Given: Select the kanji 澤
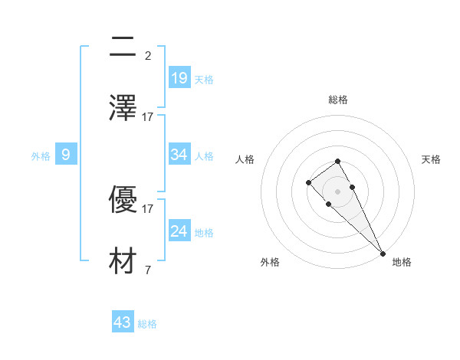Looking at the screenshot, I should click(x=123, y=108).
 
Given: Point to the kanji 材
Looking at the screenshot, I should click(x=123, y=260).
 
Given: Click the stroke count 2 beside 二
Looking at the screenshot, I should click(x=148, y=55).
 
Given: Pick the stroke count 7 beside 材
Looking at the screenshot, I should click(x=148, y=269).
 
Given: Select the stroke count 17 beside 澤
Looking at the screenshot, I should click(x=148, y=116).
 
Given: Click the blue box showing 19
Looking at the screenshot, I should click(x=179, y=77).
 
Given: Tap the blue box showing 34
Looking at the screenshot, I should click(x=179, y=155).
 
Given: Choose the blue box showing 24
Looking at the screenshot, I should click(x=179, y=231).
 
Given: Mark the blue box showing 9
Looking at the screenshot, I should click(x=66, y=155).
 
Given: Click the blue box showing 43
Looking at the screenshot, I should click(x=123, y=322).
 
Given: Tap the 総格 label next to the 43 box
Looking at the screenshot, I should click(x=148, y=324).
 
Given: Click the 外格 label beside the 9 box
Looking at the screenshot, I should click(x=41, y=156).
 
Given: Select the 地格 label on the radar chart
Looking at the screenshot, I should click(x=402, y=262).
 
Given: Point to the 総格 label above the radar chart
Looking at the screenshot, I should click(x=338, y=100).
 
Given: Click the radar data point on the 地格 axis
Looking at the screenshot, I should click(x=383, y=253).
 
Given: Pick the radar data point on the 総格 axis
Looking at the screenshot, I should click(x=337, y=161).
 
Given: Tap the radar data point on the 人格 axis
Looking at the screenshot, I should click(x=308, y=182).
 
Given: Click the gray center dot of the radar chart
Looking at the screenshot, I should click(x=337, y=191).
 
